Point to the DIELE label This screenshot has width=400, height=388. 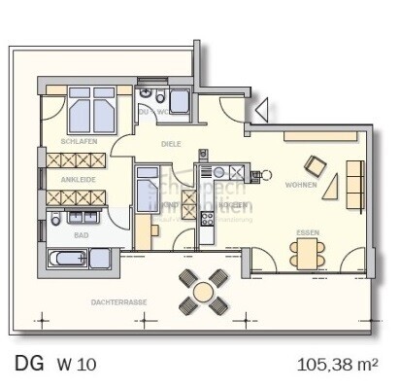171,144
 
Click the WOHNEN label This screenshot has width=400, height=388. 301,185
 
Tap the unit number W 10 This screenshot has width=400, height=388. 77,366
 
